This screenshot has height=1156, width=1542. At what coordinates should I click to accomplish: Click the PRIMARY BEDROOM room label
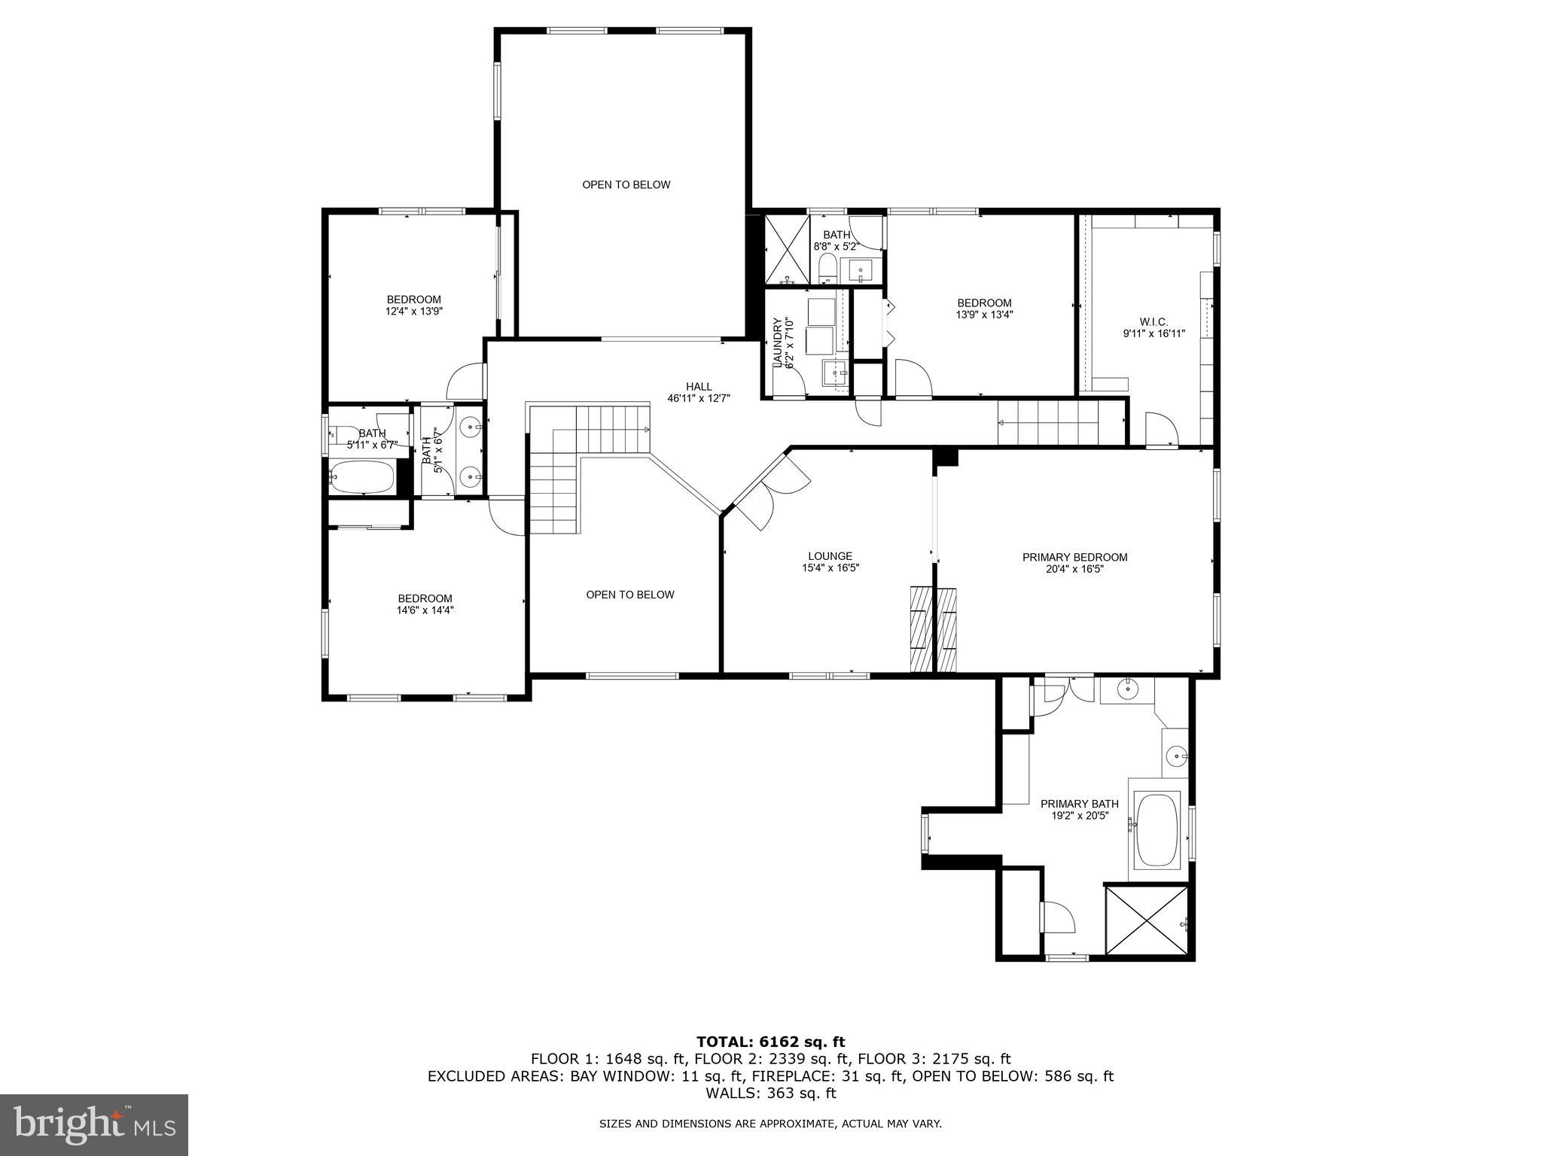pyautogui.click(x=1074, y=558)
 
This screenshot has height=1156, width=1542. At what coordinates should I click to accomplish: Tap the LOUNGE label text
pyautogui.click(x=830, y=556)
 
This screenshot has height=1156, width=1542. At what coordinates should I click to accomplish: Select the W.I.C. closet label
pyautogui.click(x=1153, y=322)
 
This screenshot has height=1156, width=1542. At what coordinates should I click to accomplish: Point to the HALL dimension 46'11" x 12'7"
pyautogui.click(x=699, y=398)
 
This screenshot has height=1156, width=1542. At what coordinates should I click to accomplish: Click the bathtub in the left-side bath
pyautogui.click(x=362, y=477)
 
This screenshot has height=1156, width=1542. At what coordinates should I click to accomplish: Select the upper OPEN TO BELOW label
pyautogui.click(x=626, y=185)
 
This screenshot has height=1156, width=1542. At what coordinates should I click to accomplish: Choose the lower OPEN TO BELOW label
pyautogui.click(x=630, y=595)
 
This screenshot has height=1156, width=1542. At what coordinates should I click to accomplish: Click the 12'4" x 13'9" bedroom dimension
pyautogui.click(x=413, y=311)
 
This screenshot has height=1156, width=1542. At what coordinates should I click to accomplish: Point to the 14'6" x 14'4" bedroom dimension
pyautogui.click(x=425, y=610)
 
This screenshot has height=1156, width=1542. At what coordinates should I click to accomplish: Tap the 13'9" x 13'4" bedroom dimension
pyautogui.click(x=984, y=315)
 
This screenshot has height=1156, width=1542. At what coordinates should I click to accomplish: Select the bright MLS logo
pyautogui.click(x=94, y=1124)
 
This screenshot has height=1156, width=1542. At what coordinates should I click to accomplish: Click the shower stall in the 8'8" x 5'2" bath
pyautogui.click(x=786, y=249)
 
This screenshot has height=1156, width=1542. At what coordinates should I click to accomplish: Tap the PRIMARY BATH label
pyautogui.click(x=1079, y=804)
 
